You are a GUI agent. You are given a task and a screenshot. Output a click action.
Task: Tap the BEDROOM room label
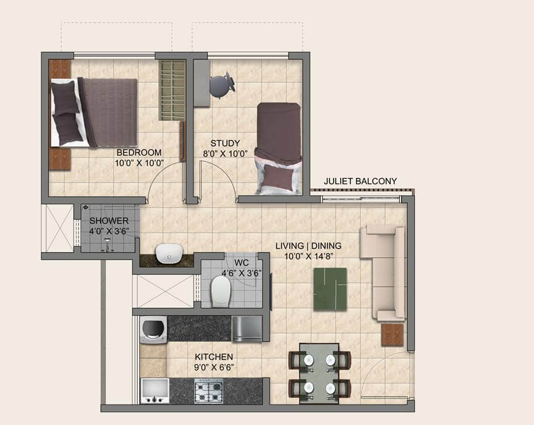point(139,153)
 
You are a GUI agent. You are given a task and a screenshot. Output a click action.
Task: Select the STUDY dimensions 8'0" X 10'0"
point(224,154)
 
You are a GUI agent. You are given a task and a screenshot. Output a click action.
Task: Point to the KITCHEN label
point(214,357)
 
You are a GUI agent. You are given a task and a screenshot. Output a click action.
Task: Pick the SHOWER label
point(109,221)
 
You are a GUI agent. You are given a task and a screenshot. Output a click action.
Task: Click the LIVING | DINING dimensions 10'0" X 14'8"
point(308,256)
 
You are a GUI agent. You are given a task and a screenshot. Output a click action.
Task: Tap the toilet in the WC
point(221,290)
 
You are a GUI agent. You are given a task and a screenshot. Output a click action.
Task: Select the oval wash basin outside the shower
point(168,253)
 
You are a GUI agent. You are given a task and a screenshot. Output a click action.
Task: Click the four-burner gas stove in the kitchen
point(209,390)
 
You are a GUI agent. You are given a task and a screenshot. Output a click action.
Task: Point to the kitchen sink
point(154,390)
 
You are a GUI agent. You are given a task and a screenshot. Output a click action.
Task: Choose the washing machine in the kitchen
point(153,329)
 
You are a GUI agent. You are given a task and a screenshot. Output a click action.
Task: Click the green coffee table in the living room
point(329,288)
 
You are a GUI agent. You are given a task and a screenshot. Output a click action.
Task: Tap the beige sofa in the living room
point(383,272)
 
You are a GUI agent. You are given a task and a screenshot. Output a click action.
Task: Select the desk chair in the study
point(221,85)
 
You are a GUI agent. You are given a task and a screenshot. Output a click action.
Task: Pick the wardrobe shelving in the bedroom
point(172,90)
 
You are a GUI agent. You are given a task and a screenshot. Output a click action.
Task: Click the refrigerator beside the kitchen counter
point(247,329)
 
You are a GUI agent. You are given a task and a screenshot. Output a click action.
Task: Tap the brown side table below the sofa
point(392,334)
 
